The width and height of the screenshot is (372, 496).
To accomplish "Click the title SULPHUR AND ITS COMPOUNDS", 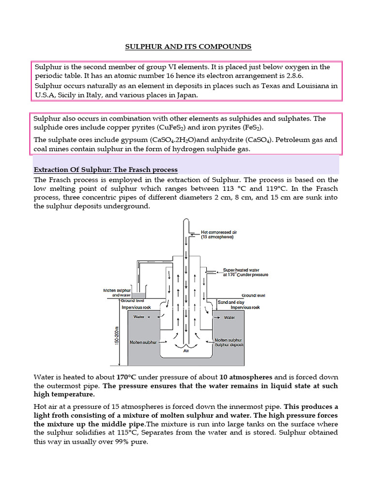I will tap(188, 46).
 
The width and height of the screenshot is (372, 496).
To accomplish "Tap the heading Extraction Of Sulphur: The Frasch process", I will tap(106, 170).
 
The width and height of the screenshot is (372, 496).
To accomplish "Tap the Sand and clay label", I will tap(230, 302).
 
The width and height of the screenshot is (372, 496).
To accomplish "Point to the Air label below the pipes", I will tap(186, 351).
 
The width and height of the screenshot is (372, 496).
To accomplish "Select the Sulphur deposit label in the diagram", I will tap(229, 345).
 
